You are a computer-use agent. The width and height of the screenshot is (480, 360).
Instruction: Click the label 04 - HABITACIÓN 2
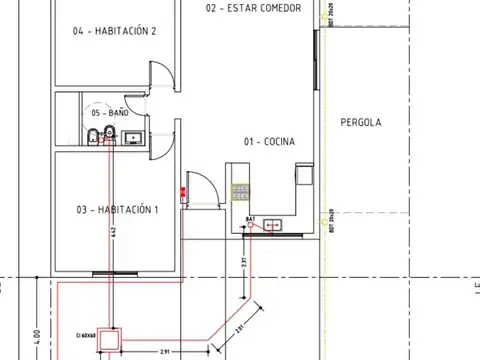[116, 31]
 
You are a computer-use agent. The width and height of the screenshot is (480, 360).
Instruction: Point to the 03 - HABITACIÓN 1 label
[118, 210]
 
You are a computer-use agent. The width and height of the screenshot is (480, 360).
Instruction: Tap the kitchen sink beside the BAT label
[272, 227]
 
